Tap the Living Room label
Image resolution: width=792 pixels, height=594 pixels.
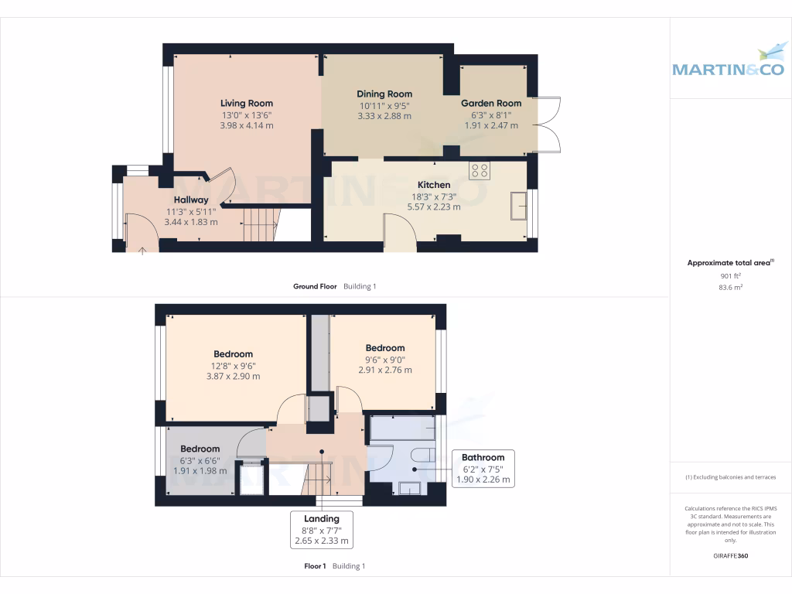pyautogui.click(x=246, y=103)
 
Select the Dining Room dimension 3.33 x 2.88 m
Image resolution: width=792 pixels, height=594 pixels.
pyautogui.click(x=384, y=116)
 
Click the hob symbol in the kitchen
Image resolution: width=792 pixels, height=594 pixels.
pyautogui.click(x=479, y=169)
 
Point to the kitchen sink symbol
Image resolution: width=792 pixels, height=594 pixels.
pyautogui.click(x=517, y=206)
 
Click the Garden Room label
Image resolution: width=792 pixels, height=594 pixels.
pyautogui.click(x=491, y=103)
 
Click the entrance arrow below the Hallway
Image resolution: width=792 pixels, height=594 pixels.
pyautogui.click(x=142, y=249)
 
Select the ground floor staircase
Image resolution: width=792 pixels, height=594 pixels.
pyautogui.click(x=261, y=224)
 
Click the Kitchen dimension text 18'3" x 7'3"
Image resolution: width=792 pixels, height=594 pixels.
pyautogui.click(x=434, y=196)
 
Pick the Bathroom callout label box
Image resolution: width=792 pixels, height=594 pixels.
pyautogui.click(x=483, y=468)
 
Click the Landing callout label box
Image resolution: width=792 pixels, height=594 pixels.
pyautogui.click(x=321, y=530)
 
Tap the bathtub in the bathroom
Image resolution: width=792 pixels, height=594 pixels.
pyautogui.click(x=402, y=428)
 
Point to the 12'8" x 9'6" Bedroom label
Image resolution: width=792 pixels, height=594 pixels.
pyautogui.click(x=233, y=354)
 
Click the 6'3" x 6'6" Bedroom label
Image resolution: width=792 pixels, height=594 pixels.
pyautogui.click(x=200, y=449)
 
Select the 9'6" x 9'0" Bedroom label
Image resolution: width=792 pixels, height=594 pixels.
pyautogui.click(x=384, y=348)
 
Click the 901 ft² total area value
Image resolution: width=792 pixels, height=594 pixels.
pyautogui.click(x=729, y=275)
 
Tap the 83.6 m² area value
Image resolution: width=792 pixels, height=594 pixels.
pyautogui.click(x=729, y=287)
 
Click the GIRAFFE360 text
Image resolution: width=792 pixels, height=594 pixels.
pyautogui.click(x=730, y=555)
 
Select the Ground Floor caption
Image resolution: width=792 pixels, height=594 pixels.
pyautogui.click(x=315, y=286)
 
